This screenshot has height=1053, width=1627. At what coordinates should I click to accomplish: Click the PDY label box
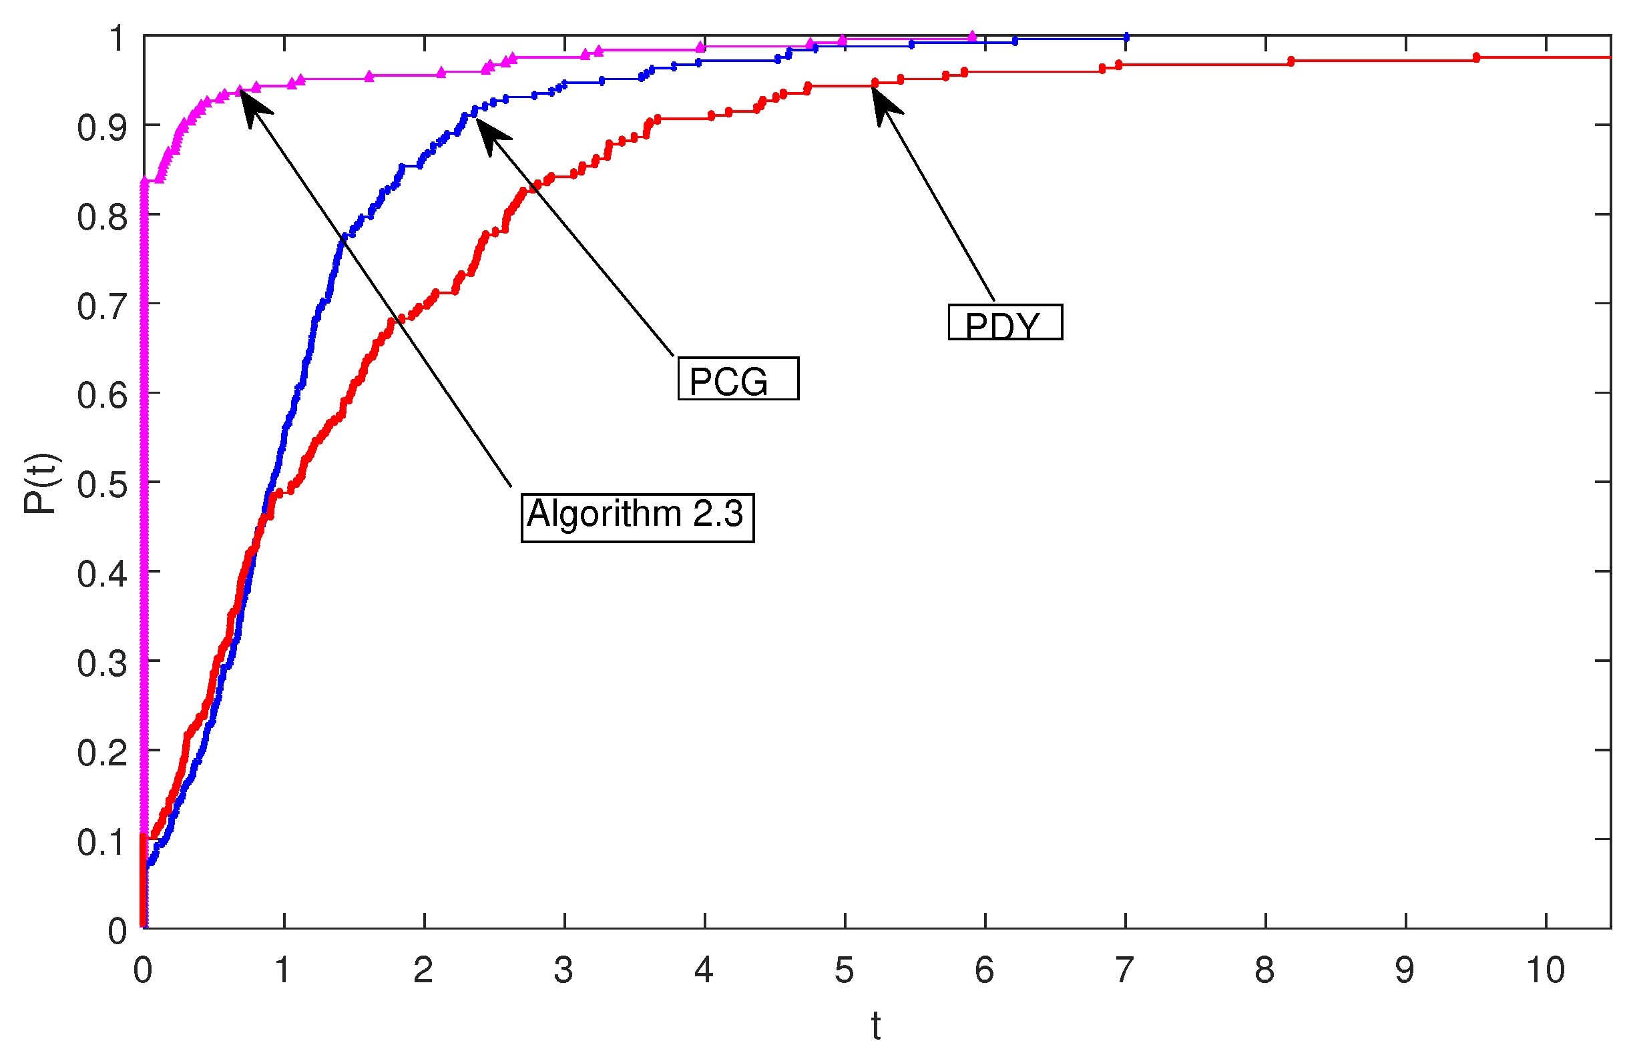1005,322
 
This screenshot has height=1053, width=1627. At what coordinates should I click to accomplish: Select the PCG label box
738,378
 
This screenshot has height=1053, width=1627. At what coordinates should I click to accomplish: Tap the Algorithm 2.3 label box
637,517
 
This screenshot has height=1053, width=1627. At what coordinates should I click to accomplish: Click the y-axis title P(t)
41,483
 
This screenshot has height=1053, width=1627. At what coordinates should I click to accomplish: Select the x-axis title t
876,1027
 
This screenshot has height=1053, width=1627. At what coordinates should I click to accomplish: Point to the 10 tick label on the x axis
1545,971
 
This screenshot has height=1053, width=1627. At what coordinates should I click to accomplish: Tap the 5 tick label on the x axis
845,971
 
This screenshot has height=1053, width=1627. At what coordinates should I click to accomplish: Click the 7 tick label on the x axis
1124,971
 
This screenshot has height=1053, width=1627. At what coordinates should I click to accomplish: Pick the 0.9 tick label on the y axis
102,127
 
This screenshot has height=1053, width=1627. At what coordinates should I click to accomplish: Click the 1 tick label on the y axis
117,38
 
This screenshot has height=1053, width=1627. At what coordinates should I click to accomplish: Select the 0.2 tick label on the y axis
102,752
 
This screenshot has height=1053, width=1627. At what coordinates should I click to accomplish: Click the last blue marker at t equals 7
1126,37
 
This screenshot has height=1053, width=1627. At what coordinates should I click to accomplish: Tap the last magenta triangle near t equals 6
972,35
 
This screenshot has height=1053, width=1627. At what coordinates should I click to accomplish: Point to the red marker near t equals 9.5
1476,57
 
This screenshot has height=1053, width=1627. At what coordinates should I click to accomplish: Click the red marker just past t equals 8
1291,61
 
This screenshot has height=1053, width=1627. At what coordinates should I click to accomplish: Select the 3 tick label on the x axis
563,971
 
